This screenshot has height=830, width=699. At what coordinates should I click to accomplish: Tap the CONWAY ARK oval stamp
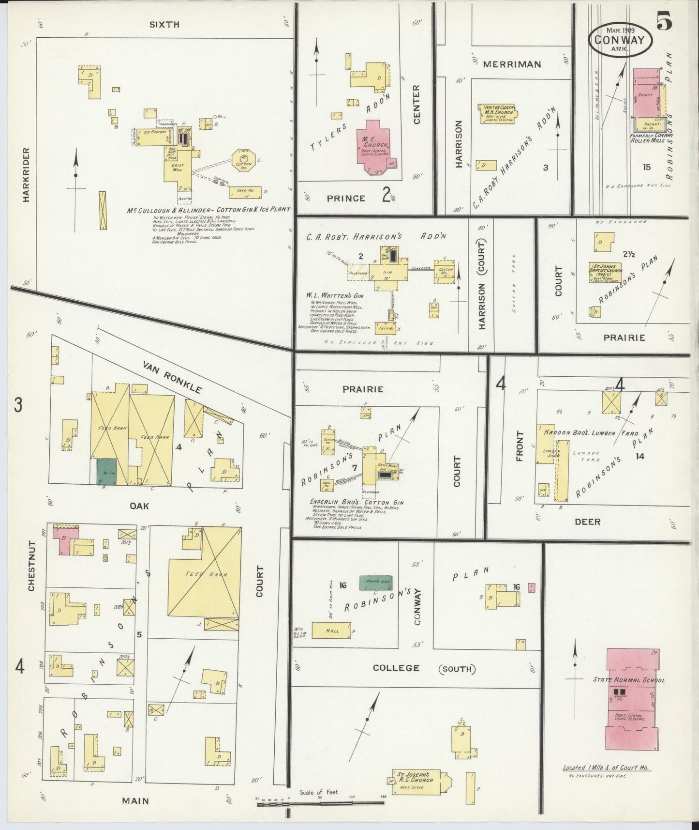pos(619,39)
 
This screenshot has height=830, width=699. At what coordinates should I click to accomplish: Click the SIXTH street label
pos(164,24)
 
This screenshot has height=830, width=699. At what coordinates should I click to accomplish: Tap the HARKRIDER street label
pos(25,175)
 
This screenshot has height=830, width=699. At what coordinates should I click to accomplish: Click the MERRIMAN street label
pos(518,64)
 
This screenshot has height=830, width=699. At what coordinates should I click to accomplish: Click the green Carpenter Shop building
pos(375,583)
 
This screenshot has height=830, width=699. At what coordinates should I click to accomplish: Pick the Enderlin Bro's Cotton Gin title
pos(357,502)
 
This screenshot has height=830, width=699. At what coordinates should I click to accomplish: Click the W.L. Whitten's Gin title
pos(334,295)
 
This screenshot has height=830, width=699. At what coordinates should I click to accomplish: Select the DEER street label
pos(588,522)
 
